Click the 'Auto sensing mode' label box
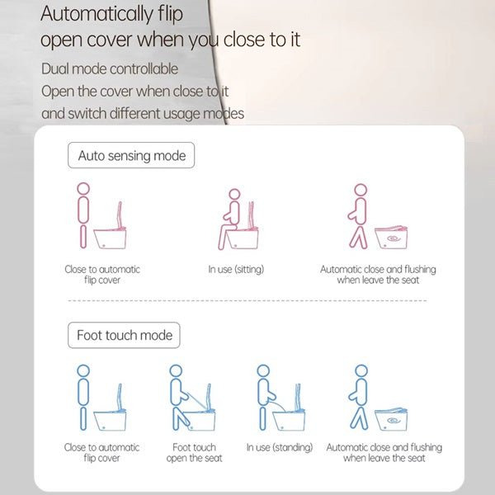[131, 156]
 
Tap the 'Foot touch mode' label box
[124, 335]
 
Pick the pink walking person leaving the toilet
[359, 216]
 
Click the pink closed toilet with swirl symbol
[394, 236]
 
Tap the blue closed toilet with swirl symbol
[394, 419]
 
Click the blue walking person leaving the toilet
[359, 398]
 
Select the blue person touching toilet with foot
[179, 398]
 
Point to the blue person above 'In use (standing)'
[264, 396]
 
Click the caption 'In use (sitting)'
[236, 270]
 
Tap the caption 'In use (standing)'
[279, 448]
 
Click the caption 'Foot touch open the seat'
[194, 453]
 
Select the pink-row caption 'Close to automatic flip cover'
[102, 275]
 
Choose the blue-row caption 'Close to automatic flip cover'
[102, 453]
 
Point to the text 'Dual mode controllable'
[110, 68]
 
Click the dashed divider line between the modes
[247, 301]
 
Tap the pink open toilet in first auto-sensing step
[113, 231]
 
